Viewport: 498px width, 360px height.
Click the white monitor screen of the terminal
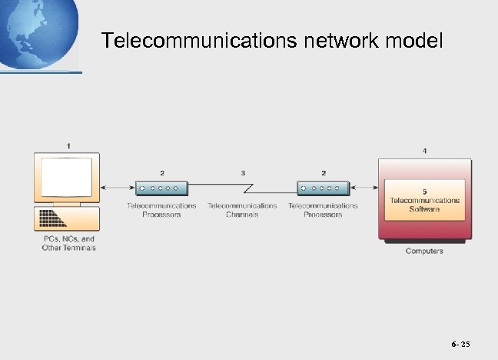click(x=66, y=176)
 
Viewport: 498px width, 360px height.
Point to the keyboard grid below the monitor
click(x=53, y=218)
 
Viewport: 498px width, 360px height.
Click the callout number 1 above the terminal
click(x=69, y=145)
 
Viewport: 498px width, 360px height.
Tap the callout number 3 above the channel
click(x=243, y=173)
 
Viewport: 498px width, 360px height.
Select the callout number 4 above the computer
click(x=425, y=152)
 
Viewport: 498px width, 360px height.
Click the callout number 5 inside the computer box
click(x=425, y=191)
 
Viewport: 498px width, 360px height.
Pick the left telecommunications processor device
click(x=161, y=188)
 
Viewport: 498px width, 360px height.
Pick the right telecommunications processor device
click(x=323, y=188)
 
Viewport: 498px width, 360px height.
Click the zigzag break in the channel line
click(x=247, y=188)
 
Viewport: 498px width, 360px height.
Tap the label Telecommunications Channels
click(x=242, y=210)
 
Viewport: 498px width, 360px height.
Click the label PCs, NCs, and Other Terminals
click(x=69, y=243)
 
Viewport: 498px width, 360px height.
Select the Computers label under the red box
click(x=424, y=252)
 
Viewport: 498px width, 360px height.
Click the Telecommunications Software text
click(x=425, y=205)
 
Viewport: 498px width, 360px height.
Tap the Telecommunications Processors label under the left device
click(x=161, y=210)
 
